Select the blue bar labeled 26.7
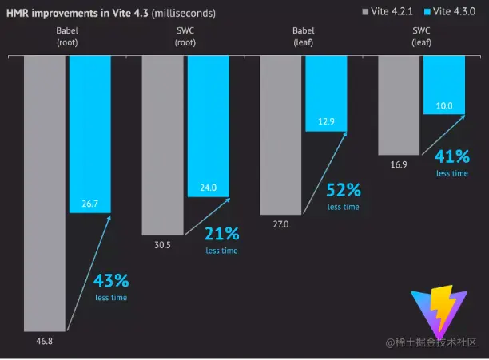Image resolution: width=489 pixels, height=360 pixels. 89,136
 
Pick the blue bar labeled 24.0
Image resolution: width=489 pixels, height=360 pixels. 208,128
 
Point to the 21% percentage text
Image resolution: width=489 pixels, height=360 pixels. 221,234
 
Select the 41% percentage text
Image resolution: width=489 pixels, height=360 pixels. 451,156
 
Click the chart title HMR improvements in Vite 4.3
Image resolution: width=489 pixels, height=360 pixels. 110,14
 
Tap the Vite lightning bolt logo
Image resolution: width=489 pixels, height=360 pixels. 437,311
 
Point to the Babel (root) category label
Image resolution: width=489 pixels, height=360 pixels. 67,37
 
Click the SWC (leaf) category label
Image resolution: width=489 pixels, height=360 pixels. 421,37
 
